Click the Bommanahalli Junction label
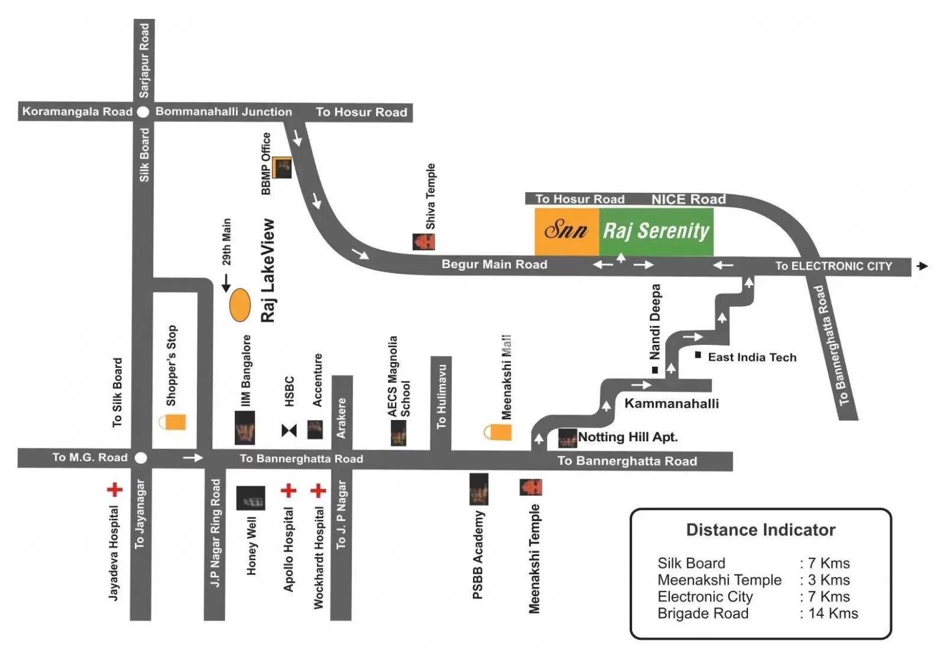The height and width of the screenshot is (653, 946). point(223,112)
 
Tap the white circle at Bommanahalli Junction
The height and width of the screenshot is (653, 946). point(142,112)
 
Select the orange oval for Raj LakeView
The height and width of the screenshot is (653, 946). point(240,305)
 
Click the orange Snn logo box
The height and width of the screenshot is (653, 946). point(566,231)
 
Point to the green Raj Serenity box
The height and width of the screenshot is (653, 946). point(656,231)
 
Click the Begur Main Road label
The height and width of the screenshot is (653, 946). point(494,264)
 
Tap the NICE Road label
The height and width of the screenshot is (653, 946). point(688,199)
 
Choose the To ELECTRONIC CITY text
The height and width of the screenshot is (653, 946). point(834,266)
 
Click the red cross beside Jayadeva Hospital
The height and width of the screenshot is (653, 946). point(115,489)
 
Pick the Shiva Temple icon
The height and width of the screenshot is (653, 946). point(423,241)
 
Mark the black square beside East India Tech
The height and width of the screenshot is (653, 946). point(698,355)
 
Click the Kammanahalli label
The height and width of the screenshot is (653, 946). point(672,403)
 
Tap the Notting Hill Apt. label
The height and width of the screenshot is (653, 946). point(627,437)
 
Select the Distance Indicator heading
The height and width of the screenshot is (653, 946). point(760,530)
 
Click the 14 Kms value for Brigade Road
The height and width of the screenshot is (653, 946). point(833,613)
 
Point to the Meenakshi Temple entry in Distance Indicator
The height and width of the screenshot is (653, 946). point(719,580)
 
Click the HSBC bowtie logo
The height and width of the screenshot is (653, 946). point(289,430)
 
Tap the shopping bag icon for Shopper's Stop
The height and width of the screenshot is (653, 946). point(173,422)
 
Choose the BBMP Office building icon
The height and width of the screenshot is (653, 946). point(281,168)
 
